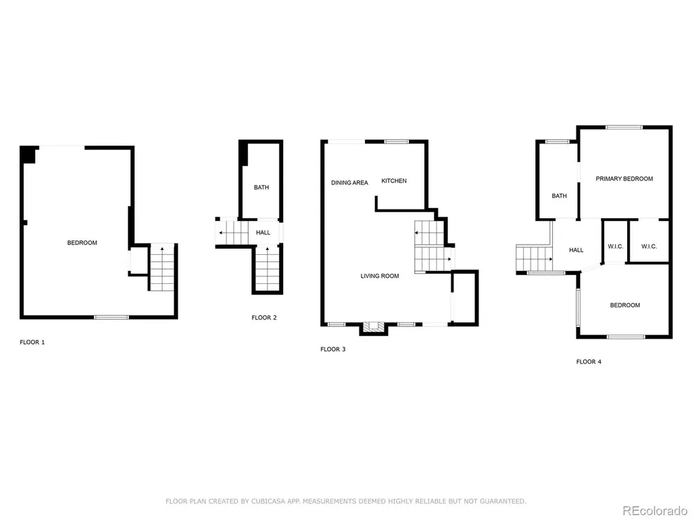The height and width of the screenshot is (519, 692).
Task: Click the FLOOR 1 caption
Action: coord(32,342)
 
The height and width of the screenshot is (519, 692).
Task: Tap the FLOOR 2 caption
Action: coord(264,318)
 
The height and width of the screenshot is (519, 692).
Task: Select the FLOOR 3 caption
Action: coord(332,349)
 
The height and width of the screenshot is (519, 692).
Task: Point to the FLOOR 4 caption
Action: coord(589,362)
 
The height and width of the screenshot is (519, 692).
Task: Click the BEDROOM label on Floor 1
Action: coord(82,243)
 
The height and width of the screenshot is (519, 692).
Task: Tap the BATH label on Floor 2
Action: coord(262,188)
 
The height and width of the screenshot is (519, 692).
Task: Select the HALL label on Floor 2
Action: coord(263,232)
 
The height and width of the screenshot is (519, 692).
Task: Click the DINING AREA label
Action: coord(349,182)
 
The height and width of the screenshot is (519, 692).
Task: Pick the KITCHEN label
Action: coord(394,181)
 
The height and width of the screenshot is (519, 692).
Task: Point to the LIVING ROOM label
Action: coord(380,276)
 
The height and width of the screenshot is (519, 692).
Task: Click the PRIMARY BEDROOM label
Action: coord(624,178)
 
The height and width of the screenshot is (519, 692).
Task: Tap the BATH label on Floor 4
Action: coord(559,196)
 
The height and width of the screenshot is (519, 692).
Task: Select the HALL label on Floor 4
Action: coord(576,250)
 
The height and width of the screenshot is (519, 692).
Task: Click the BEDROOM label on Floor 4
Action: coord(625,305)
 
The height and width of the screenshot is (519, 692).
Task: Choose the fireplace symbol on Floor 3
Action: coord(373,328)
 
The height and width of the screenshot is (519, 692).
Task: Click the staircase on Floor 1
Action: coord(162,268)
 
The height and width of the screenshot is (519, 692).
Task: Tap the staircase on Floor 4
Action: coord(534,259)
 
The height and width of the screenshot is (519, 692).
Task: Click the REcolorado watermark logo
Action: coord(654,511)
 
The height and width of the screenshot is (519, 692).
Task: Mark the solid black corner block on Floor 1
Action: coord(28,155)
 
